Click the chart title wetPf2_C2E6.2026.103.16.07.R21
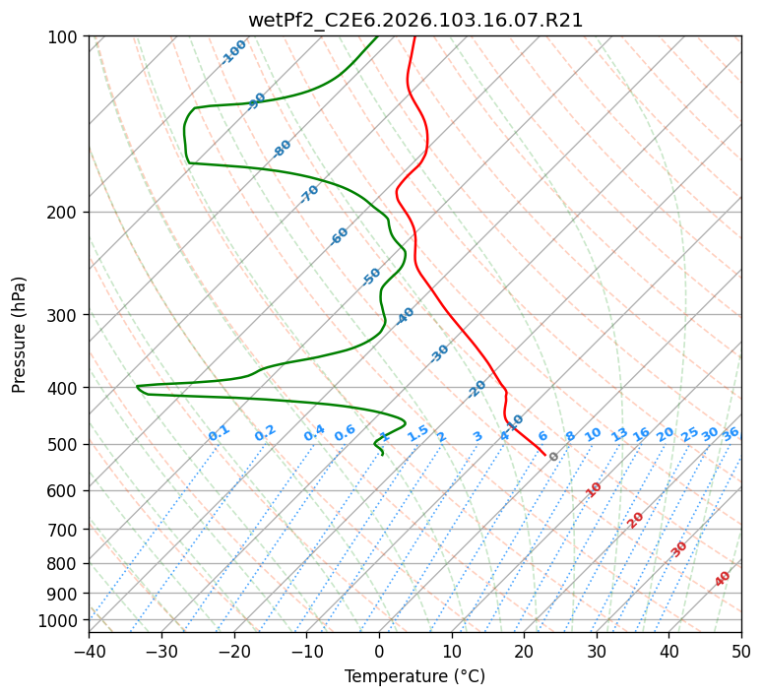click(414, 20)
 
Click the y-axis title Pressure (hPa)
click(20, 334)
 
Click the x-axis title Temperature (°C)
click(414, 677)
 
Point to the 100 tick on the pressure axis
click(64, 37)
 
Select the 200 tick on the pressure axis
click(64, 212)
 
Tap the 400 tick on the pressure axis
click(64, 387)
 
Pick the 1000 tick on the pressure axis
click(60, 620)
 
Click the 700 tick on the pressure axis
click(64, 529)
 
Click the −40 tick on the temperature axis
click(89, 652)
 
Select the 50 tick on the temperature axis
click(741, 652)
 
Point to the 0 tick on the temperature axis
click(379, 652)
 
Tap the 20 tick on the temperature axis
click(524, 652)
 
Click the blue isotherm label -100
click(234, 51)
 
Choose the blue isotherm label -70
click(309, 193)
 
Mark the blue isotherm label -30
click(439, 353)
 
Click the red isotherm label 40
click(723, 579)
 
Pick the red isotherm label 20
click(635, 519)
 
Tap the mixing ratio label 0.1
click(219, 433)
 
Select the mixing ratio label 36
click(731, 433)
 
